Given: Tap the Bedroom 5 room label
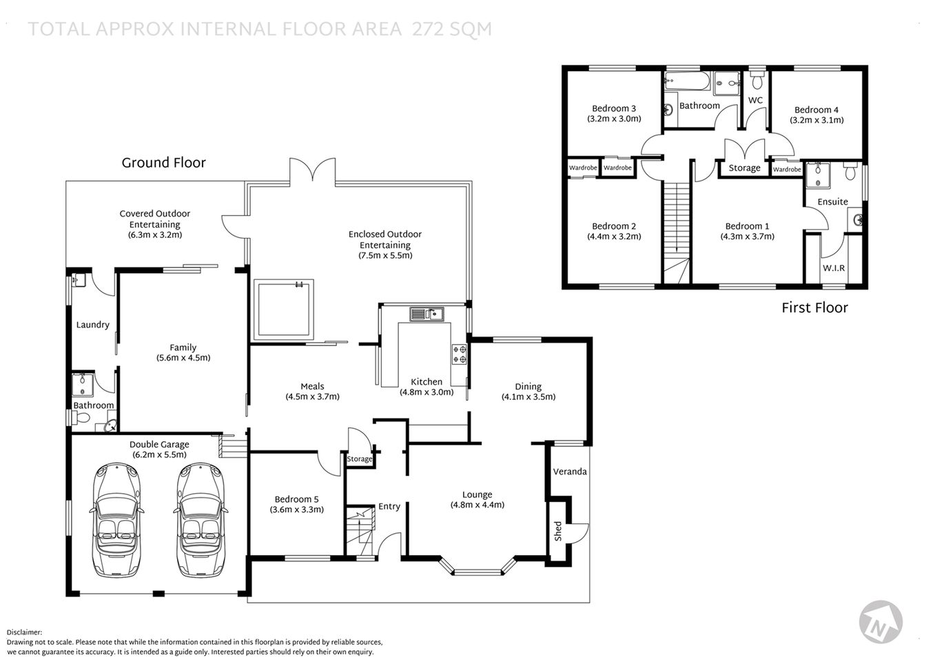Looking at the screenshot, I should [x=296, y=499].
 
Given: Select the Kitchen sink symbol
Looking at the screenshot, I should [x=426, y=314].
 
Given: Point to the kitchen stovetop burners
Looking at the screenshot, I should [x=459, y=354].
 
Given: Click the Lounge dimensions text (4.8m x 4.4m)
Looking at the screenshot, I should [x=477, y=505].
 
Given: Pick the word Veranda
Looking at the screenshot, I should [x=570, y=472].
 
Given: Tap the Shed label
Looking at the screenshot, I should [x=558, y=530].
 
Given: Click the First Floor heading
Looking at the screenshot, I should [x=814, y=308].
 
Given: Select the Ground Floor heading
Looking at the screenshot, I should [x=163, y=163].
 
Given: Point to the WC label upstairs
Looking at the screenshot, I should [x=755, y=100].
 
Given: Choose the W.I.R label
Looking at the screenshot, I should [x=834, y=268].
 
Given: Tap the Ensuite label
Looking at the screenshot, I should [x=832, y=202].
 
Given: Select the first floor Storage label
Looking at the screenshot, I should [x=744, y=168].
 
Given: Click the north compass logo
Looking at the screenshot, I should [x=881, y=620].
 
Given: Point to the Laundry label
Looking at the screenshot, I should [x=92, y=325].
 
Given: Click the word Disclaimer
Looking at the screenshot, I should [x=24, y=632].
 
